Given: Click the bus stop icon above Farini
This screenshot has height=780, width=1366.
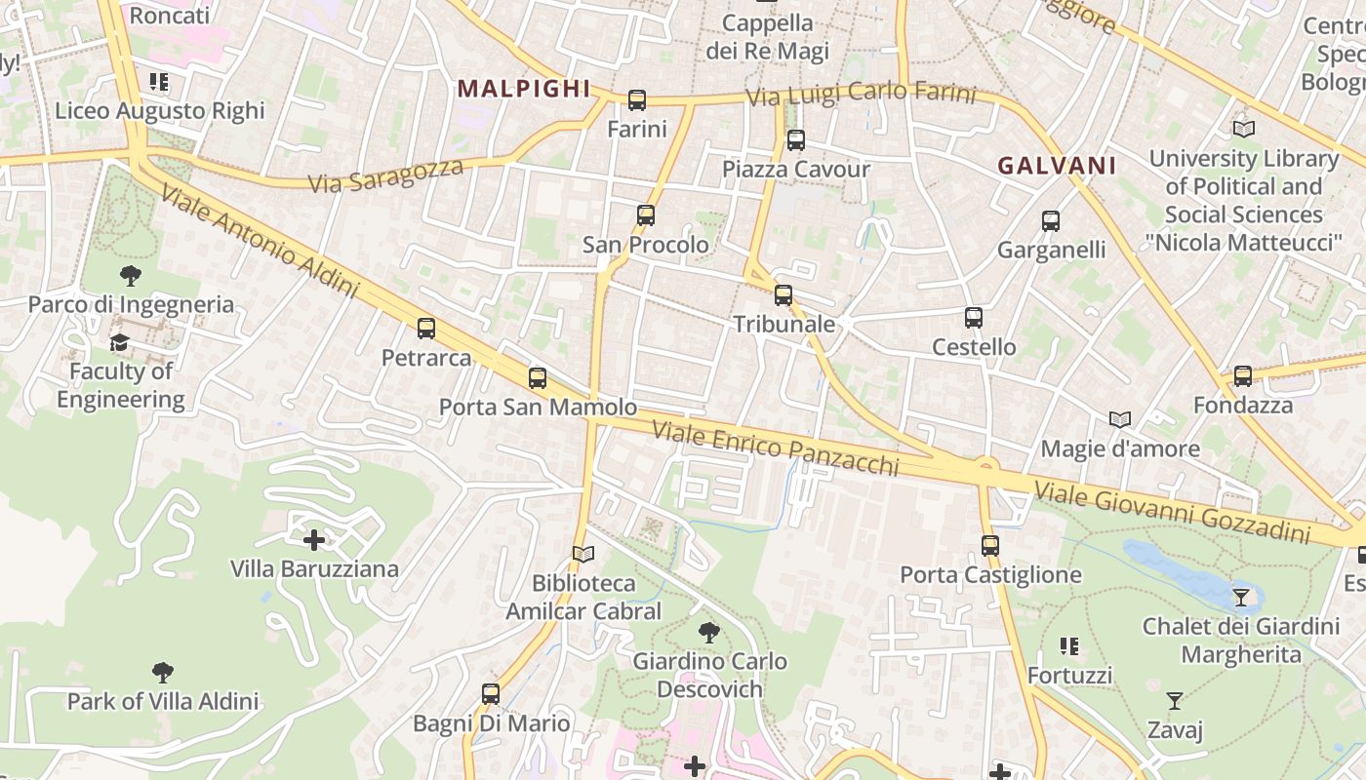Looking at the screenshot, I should [637, 99].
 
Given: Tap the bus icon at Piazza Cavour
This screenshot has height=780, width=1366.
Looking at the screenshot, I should [796, 140].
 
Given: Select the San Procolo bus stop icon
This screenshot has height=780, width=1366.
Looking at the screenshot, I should [646, 215].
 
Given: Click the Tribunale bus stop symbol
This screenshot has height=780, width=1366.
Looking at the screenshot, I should [783, 295].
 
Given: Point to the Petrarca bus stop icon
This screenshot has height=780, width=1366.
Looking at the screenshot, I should [426, 329].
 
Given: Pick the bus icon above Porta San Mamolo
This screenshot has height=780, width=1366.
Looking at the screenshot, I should [538, 378].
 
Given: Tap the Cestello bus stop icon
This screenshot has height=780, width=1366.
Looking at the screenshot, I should [974, 318].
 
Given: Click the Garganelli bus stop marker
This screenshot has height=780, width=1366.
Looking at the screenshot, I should [1051, 221].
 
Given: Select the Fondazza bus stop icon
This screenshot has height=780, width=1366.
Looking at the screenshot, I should [1243, 376].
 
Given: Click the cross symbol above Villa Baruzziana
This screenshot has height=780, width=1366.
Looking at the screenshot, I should [314, 539].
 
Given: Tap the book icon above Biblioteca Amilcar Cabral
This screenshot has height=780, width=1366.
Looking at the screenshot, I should [583, 555].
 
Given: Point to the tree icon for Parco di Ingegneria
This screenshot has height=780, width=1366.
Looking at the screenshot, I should [130, 276].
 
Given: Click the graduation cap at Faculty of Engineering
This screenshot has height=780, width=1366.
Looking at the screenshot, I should [120, 342].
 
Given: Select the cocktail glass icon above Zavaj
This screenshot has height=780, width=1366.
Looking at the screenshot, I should [1175, 701].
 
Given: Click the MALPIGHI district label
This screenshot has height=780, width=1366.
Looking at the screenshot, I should [524, 89].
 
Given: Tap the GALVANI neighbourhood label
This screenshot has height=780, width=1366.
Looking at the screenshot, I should [1057, 166].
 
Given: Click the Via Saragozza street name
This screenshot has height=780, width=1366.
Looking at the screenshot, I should [385, 175].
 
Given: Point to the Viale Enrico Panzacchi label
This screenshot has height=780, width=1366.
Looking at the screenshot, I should [775, 448].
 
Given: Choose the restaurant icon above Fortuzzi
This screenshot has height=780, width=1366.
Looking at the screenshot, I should [1069, 646].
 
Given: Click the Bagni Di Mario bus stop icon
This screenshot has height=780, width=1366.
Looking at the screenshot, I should [491, 694].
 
